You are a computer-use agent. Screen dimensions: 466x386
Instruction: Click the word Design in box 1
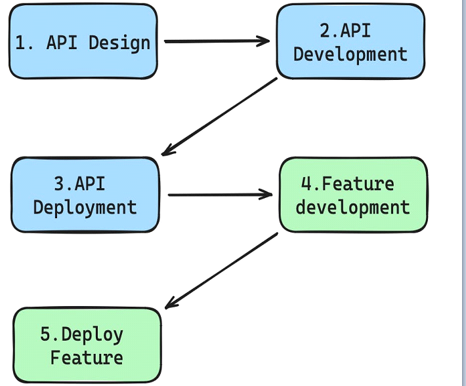point(119,43)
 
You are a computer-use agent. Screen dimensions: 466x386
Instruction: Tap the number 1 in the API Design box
point(20,43)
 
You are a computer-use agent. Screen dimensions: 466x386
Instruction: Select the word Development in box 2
point(350,54)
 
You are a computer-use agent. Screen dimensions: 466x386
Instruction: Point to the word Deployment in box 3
point(85,208)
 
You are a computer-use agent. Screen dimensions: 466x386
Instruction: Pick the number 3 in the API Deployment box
point(60,183)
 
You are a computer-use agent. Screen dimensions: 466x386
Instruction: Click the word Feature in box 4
point(358,183)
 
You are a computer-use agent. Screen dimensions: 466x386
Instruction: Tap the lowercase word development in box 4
point(352,206)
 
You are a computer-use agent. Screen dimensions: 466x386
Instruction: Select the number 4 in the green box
point(306,183)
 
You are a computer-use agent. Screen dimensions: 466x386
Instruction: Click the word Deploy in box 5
point(93,335)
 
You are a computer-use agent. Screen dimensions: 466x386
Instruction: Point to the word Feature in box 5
point(87,358)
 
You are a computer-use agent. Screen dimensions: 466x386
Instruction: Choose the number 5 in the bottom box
point(45,334)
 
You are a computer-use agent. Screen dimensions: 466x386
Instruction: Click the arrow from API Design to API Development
point(217,41)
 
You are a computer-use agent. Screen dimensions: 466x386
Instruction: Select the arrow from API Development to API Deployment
point(219,116)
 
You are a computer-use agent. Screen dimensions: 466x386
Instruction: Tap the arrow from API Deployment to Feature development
point(221,195)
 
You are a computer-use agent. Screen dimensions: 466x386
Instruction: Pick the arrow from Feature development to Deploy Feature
point(221,271)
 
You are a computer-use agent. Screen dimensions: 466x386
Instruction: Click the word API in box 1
point(62,43)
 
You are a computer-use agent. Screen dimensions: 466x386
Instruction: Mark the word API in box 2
point(356,31)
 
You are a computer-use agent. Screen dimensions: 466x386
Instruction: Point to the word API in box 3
point(90,183)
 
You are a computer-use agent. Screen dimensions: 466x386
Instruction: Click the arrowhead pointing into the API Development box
point(264,41)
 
